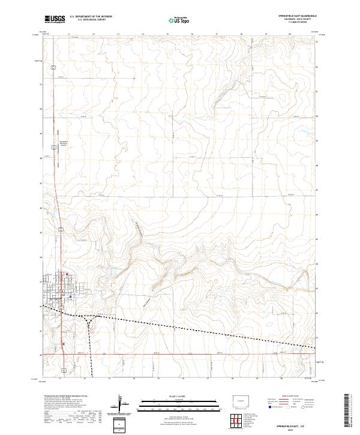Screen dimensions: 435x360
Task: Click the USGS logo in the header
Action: pos(55,19)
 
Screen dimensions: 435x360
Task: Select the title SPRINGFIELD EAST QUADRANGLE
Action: pos(296,14)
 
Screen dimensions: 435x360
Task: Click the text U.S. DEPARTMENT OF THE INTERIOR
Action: pos(91,17)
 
